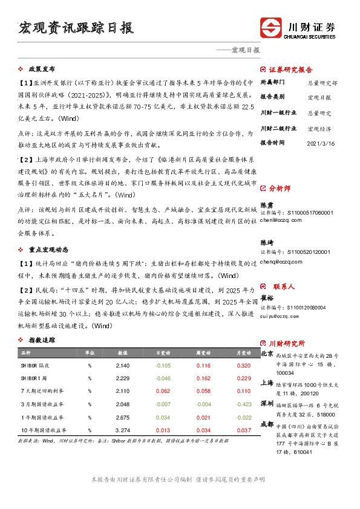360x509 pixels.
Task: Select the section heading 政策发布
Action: click(41, 69)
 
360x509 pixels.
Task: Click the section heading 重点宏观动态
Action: click(48, 249)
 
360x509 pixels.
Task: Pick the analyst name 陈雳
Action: click(266, 205)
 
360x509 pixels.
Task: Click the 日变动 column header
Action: click(163, 352)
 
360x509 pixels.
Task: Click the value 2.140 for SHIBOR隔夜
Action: click(122, 366)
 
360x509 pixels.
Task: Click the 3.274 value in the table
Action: click(122, 430)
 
